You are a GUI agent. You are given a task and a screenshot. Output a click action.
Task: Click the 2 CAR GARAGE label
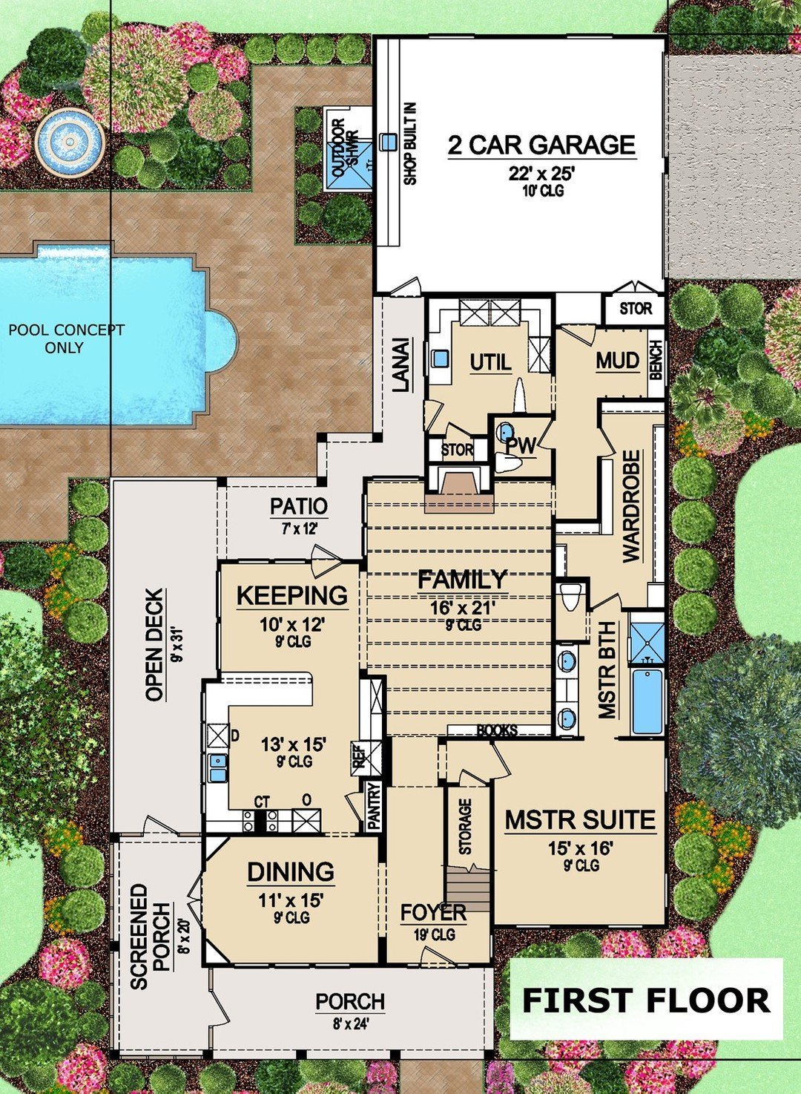[x=541, y=145]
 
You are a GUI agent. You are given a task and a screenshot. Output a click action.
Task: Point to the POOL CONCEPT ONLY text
[x=66, y=338]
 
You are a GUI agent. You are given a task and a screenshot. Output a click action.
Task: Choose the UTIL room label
[x=490, y=362]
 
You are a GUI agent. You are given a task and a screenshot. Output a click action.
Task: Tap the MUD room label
[x=617, y=361]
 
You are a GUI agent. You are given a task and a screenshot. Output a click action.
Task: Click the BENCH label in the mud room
[x=656, y=361]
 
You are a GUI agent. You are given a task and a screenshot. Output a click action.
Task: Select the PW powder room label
[x=521, y=446]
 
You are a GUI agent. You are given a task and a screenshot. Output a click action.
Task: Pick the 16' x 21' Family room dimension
[x=463, y=608]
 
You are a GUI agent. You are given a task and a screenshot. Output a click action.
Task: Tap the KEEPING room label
[x=291, y=595]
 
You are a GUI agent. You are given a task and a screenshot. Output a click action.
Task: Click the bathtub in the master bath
[x=647, y=701]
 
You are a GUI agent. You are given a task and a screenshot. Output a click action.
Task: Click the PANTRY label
[x=374, y=806]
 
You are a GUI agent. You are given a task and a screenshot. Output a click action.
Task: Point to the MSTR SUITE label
[x=580, y=820]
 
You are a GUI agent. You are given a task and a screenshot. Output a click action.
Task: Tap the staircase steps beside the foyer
[x=468, y=891]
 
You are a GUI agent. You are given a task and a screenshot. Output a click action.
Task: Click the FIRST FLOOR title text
[x=646, y=1000]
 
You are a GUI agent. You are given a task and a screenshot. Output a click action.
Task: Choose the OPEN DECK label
[x=154, y=644]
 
